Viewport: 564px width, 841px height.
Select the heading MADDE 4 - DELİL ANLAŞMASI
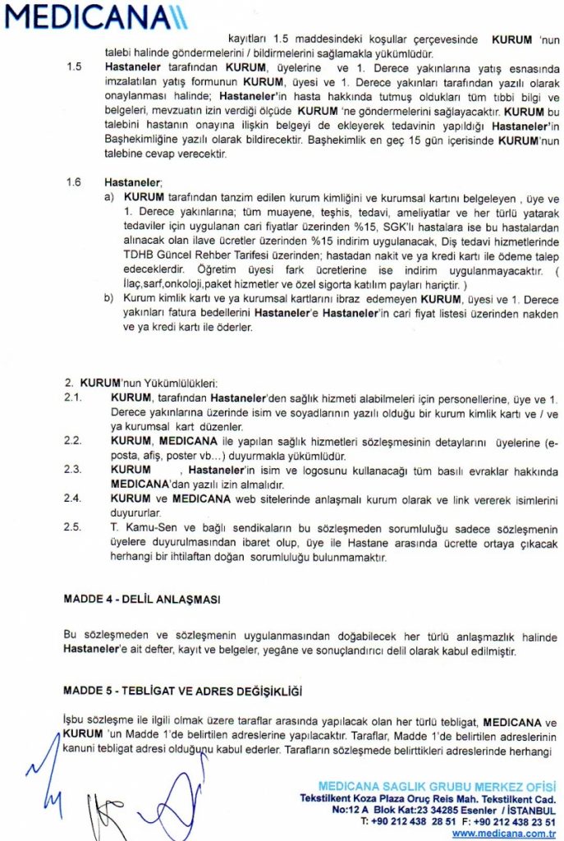tap(142, 600)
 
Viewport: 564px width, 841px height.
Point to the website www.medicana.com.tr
tap(504, 833)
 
